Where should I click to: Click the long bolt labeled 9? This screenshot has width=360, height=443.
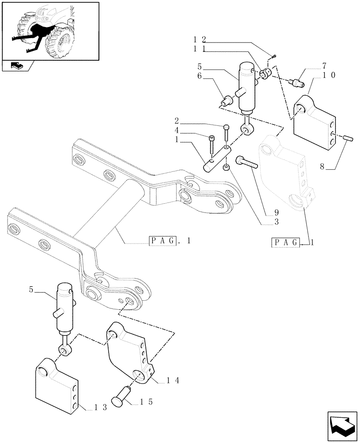[247, 163]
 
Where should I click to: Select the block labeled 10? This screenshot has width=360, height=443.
[314, 118]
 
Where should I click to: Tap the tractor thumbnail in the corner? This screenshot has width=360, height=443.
[50, 31]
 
